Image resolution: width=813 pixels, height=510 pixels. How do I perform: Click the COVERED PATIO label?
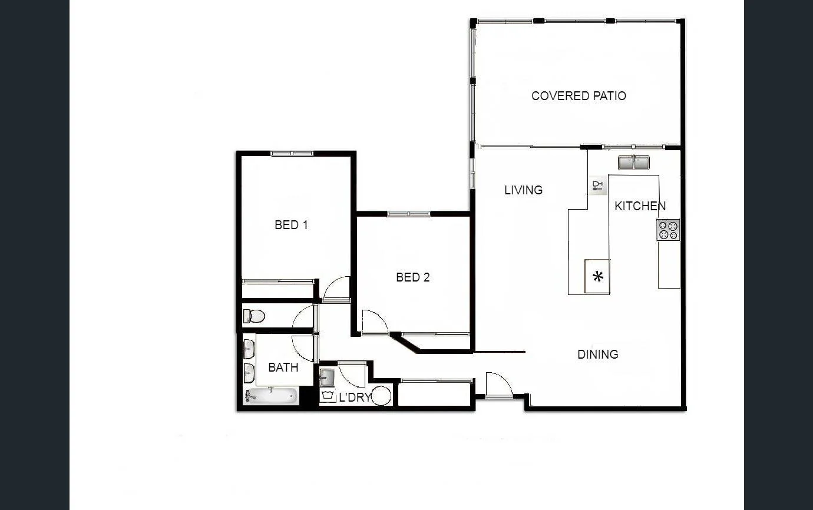[x=579, y=96]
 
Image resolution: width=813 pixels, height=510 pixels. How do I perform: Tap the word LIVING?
[x=523, y=190]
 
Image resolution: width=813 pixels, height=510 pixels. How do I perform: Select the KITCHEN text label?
[x=640, y=206]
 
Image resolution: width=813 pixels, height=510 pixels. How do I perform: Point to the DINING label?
[x=597, y=355]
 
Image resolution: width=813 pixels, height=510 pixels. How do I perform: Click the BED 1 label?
[x=291, y=225]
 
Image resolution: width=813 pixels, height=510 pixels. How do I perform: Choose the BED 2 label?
[x=412, y=277]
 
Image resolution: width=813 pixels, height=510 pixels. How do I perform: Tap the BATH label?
[x=283, y=367]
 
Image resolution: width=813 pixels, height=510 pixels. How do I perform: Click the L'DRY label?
[x=355, y=398]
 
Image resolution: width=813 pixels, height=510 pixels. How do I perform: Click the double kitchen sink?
[x=634, y=162]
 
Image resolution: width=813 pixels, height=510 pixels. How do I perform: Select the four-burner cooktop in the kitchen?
[x=668, y=230]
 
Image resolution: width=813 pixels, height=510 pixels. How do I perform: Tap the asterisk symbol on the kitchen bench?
[x=598, y=276]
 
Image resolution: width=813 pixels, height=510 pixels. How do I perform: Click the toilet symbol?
[x=254, y=316]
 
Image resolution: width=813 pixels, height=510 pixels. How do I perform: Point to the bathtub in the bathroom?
[x=272, y=396]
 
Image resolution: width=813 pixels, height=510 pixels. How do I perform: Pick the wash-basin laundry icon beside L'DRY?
[x=328, y=396]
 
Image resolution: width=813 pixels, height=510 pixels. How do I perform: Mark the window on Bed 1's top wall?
[x=292, y=154]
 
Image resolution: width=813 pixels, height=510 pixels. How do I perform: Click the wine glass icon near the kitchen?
[x=597, y=187]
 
